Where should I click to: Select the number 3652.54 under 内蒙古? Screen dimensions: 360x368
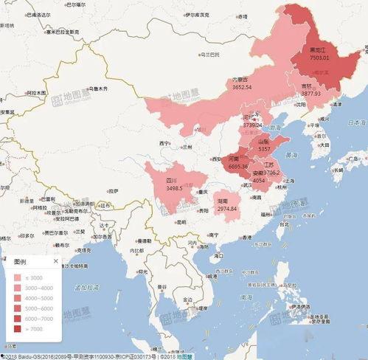click(x=243, y=87)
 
